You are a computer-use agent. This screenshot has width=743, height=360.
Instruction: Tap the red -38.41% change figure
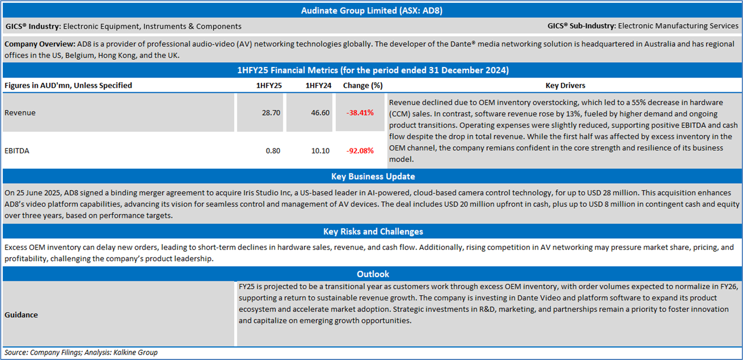pyautogui.click(x=360, y=113)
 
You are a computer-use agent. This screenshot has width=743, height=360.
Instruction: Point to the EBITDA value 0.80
pyautogui.click(x=273, y=151)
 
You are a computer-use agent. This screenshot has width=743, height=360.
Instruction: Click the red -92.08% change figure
pyautogui.click(x=360, y=151)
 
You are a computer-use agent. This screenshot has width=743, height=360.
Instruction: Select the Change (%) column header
pyautogui.click(x=362, y=86)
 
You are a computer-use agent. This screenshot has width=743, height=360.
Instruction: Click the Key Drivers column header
pyautogui.click(x=565, y=86)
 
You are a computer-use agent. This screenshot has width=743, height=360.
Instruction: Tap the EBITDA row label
pyautogui.click(x=16, y=151)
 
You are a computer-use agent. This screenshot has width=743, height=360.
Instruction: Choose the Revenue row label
pyautogui.click(x=20, y=113)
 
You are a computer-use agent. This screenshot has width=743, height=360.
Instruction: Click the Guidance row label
pyautogui.click(x=21, y=315)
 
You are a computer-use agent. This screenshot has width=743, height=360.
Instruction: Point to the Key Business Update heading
pyautogui.click(x=373, y=176)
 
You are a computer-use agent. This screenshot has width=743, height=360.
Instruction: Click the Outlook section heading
pyautogui.click(x=373, y=274)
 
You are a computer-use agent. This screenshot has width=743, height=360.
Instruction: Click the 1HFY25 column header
pyautogui.click(x=269, y=86)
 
